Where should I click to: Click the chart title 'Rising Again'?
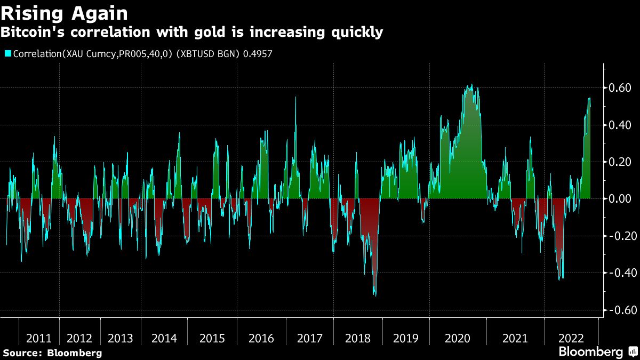pos(65,12)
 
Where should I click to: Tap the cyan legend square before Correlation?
pos(7,53)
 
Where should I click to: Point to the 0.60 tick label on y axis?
pos(620,87)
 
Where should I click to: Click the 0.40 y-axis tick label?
pos(620,125)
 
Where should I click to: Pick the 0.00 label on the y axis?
pos(620,199)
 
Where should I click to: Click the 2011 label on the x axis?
pos(39,339)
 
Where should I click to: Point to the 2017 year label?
pos(309,339)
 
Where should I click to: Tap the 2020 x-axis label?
pos(457,339)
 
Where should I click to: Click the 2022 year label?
pos(571,339)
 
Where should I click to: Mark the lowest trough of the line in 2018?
pos(375,295)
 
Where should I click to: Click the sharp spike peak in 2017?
pos(295,98)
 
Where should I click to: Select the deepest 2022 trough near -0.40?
pos(559,279)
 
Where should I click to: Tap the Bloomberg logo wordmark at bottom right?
pos(590,352)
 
